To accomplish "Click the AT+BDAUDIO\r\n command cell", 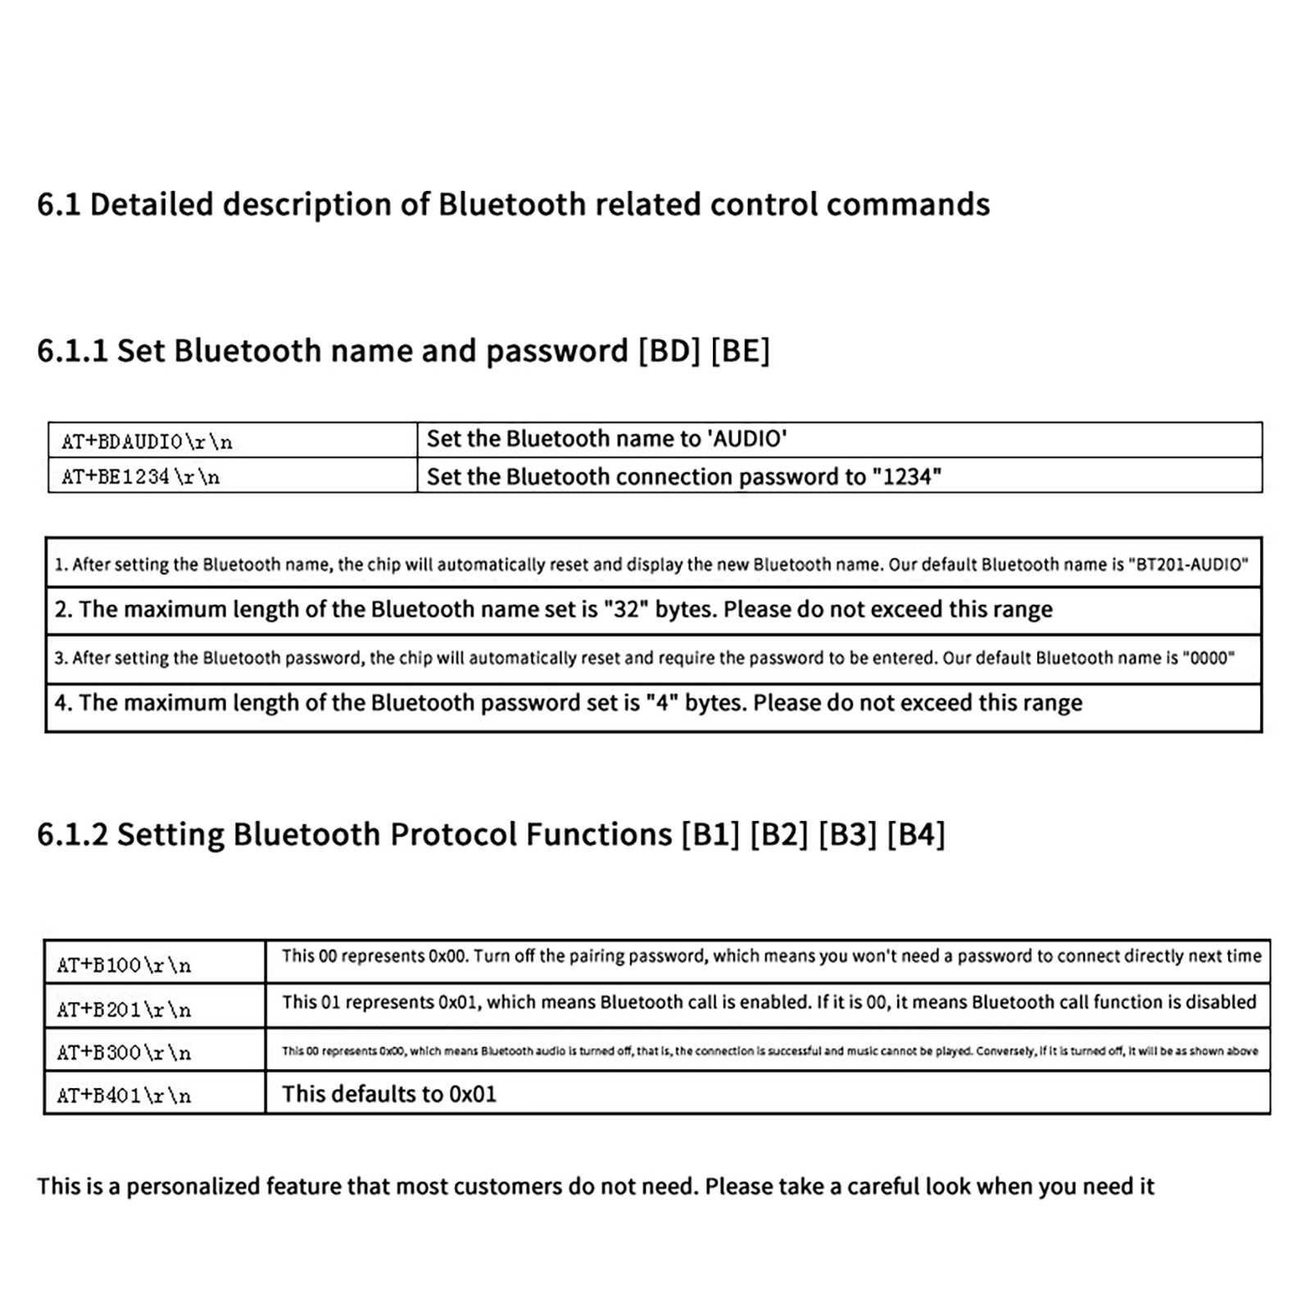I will (147, 442).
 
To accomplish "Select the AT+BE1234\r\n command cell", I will (140, 477).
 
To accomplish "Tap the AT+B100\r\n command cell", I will (124, 965).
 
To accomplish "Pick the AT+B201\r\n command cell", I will (124, 1009).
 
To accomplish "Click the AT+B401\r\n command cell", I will (124, 1096).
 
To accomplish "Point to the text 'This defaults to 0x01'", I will (389, 1095).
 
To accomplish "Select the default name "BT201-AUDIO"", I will (1188, 565).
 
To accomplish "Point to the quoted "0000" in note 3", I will (1209, 658).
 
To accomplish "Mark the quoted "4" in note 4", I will (661, 703).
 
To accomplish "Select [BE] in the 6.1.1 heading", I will (740, 351).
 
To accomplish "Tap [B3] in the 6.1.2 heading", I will (847, 835).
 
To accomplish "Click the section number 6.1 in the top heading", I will (58, 205).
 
